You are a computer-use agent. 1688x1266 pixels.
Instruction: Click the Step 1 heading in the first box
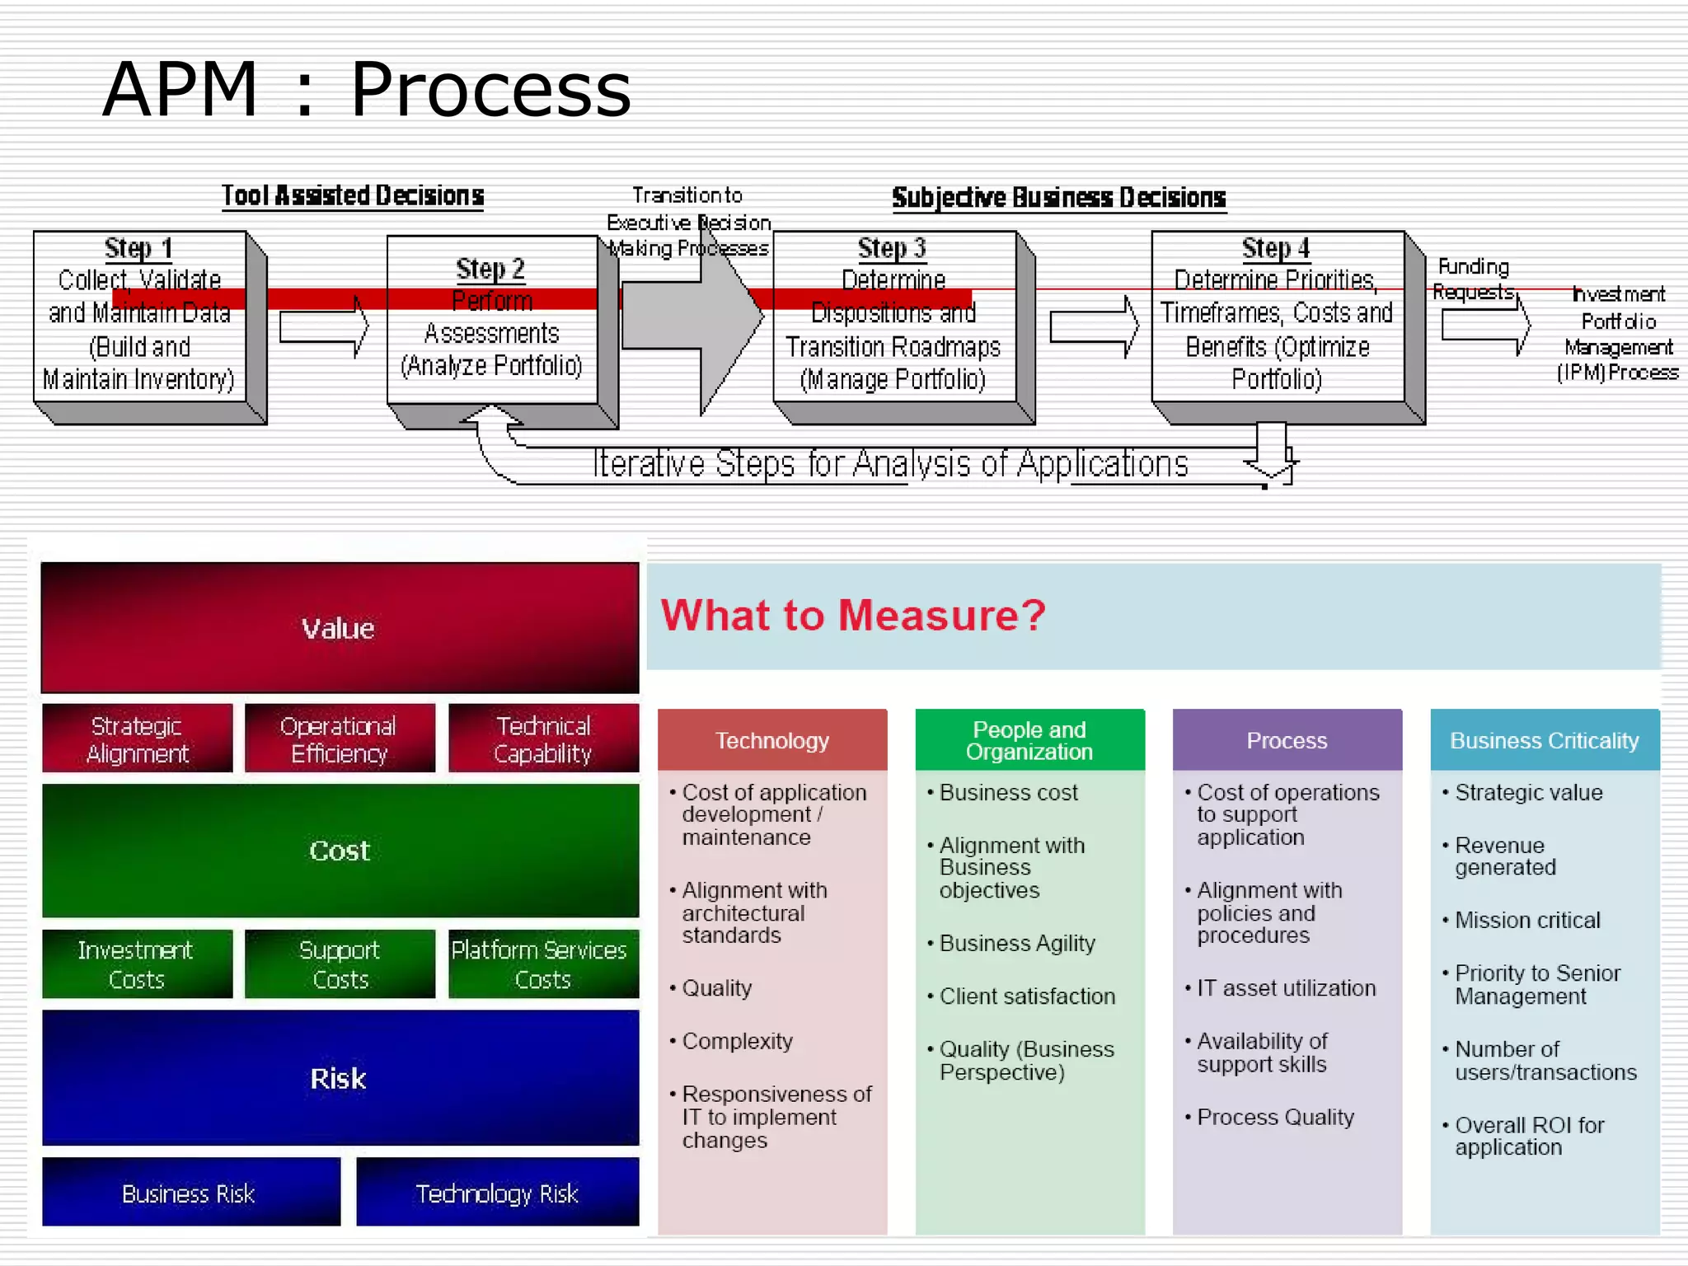click(138, 248)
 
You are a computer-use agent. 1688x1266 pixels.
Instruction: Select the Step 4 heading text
click(1275, 248)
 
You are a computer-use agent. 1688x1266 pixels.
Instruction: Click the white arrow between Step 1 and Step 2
click(323, 327)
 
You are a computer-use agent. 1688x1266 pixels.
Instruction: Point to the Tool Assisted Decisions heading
click(353, 196)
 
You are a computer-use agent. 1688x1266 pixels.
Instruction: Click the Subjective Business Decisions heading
click(1058, 198)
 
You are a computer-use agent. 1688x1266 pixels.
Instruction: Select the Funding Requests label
click(1473, 279)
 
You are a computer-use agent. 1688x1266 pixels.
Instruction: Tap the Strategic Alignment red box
click(137, 738)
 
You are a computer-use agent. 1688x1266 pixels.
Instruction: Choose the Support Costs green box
click(340, 964)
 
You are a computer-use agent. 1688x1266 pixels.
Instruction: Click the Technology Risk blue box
click(497, 1193)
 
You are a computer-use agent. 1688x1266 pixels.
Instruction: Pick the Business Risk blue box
click(190, 1193)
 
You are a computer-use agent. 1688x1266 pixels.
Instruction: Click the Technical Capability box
click(543, 738)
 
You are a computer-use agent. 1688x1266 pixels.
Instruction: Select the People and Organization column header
click(1029, 740)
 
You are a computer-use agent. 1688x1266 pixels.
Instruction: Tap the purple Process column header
click(1287, 740)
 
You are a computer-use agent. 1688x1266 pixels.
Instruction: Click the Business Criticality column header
click(1544, 740)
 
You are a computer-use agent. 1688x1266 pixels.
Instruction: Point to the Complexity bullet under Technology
click(737, 1041)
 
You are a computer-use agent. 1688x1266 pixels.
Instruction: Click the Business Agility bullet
click(1017, 943)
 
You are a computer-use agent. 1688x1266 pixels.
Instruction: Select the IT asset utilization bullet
click(1286, 987)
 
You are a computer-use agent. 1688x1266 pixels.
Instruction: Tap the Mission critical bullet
click(1526, 920)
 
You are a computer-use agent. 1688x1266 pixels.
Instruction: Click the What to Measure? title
click(853, 615)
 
